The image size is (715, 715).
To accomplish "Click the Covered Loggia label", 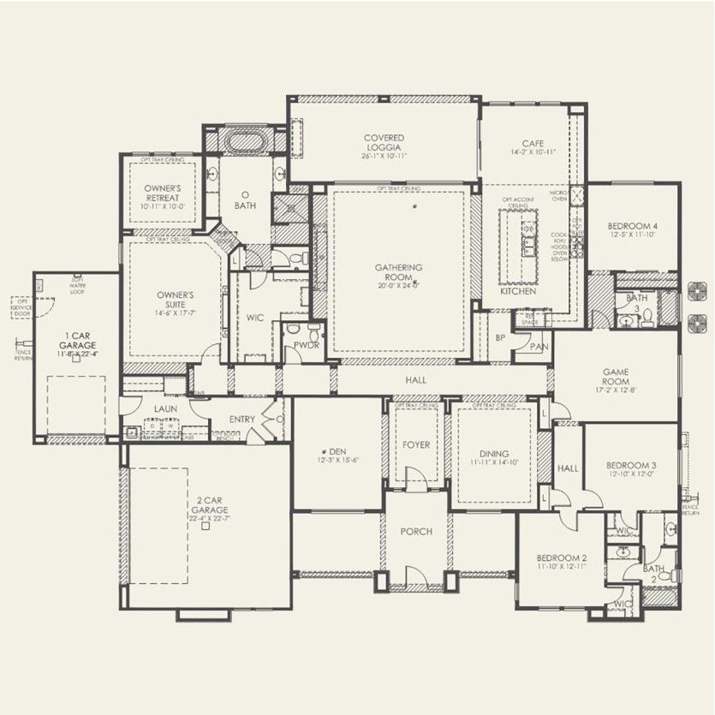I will (384, 143).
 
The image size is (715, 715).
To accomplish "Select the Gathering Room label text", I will (398, 273).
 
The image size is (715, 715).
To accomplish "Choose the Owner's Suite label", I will (175, 300).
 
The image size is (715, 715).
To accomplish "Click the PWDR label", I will (306, 344).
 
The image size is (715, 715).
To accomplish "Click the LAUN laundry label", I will (165, 409).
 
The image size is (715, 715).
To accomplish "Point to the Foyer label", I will (416, 445).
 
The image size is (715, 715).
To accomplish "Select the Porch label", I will (416, 532).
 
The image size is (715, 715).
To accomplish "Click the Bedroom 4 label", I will (632, 227).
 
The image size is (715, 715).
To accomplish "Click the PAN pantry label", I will (538, 347).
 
